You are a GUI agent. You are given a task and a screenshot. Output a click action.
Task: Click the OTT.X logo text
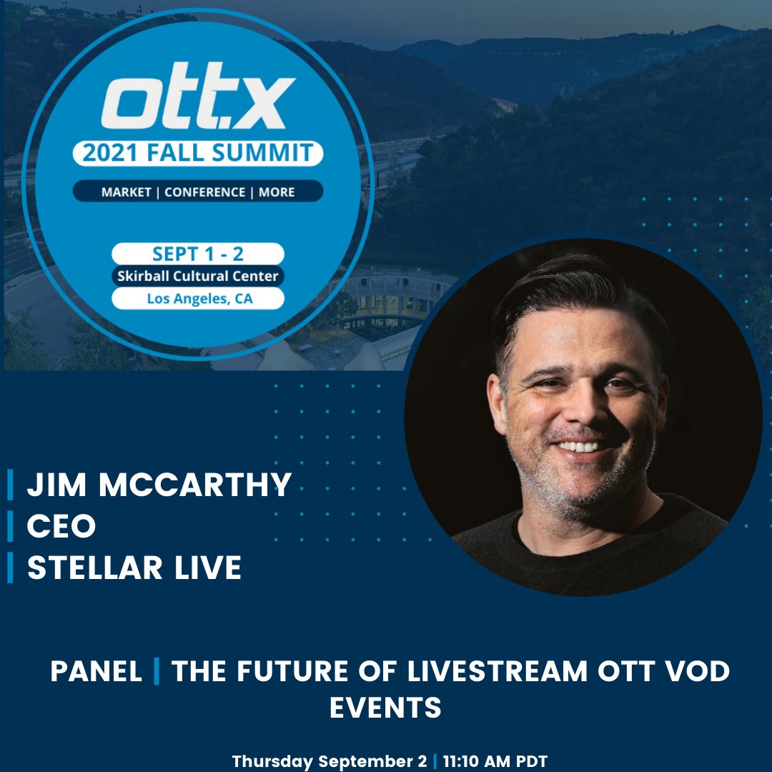tap(198, 103)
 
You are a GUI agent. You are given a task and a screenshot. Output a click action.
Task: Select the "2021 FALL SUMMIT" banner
tap(198, 153)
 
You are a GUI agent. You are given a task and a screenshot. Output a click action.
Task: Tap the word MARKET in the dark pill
tap(127, 192)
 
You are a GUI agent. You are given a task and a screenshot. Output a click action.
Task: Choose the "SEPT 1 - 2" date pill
tap(198, 254)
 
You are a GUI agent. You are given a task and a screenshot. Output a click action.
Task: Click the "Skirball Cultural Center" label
tap(198, 276)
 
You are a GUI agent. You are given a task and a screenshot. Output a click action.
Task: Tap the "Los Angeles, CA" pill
tap(198, 299)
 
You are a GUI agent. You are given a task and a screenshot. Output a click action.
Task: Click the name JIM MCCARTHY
tap(159, 485)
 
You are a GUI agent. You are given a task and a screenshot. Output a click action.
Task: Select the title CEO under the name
tap(61, 527)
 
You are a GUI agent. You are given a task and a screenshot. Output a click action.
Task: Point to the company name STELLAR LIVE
tap(134, 568)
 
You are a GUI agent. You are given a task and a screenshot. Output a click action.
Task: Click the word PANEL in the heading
tap(96, 672)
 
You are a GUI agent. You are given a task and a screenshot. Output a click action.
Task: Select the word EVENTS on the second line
tap(385, 708)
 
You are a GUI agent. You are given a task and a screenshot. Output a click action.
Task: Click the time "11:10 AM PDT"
tap(494, 761)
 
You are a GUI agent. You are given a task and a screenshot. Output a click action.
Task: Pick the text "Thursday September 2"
tap(330, 761)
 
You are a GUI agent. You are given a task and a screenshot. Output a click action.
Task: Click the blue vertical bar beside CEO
tap(10, 527)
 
